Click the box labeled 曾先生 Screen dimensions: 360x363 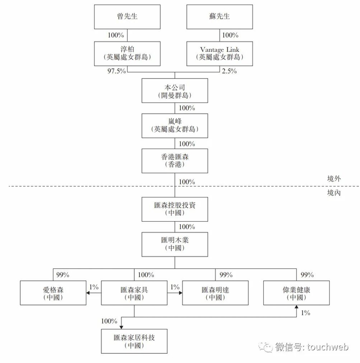point(127,17)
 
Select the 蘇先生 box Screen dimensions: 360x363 point(220,17)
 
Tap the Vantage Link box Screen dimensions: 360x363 point(220,53)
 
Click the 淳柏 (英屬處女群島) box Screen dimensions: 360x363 point(127,53)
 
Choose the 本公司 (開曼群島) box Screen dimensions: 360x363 point(175,90)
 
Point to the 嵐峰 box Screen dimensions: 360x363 point(175,125)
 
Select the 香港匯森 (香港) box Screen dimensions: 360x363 point(175,161)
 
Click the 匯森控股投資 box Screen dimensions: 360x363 point(175,209)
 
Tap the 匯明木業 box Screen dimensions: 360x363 point(175,244)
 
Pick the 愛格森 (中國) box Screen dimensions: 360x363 point(53,293)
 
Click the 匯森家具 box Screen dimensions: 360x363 point(134,293)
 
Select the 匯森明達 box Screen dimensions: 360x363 point(215,293)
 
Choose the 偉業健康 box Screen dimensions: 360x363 point(296,293)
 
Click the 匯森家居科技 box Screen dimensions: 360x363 point(134,341)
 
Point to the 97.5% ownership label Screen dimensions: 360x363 point(116,71)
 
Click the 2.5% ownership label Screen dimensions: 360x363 point(229,71)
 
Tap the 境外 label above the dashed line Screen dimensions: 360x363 point(334,178)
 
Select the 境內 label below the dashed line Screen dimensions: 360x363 point(334,193)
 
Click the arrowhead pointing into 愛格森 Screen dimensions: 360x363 point(88,293)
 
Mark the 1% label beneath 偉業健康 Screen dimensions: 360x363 point(305,313)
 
